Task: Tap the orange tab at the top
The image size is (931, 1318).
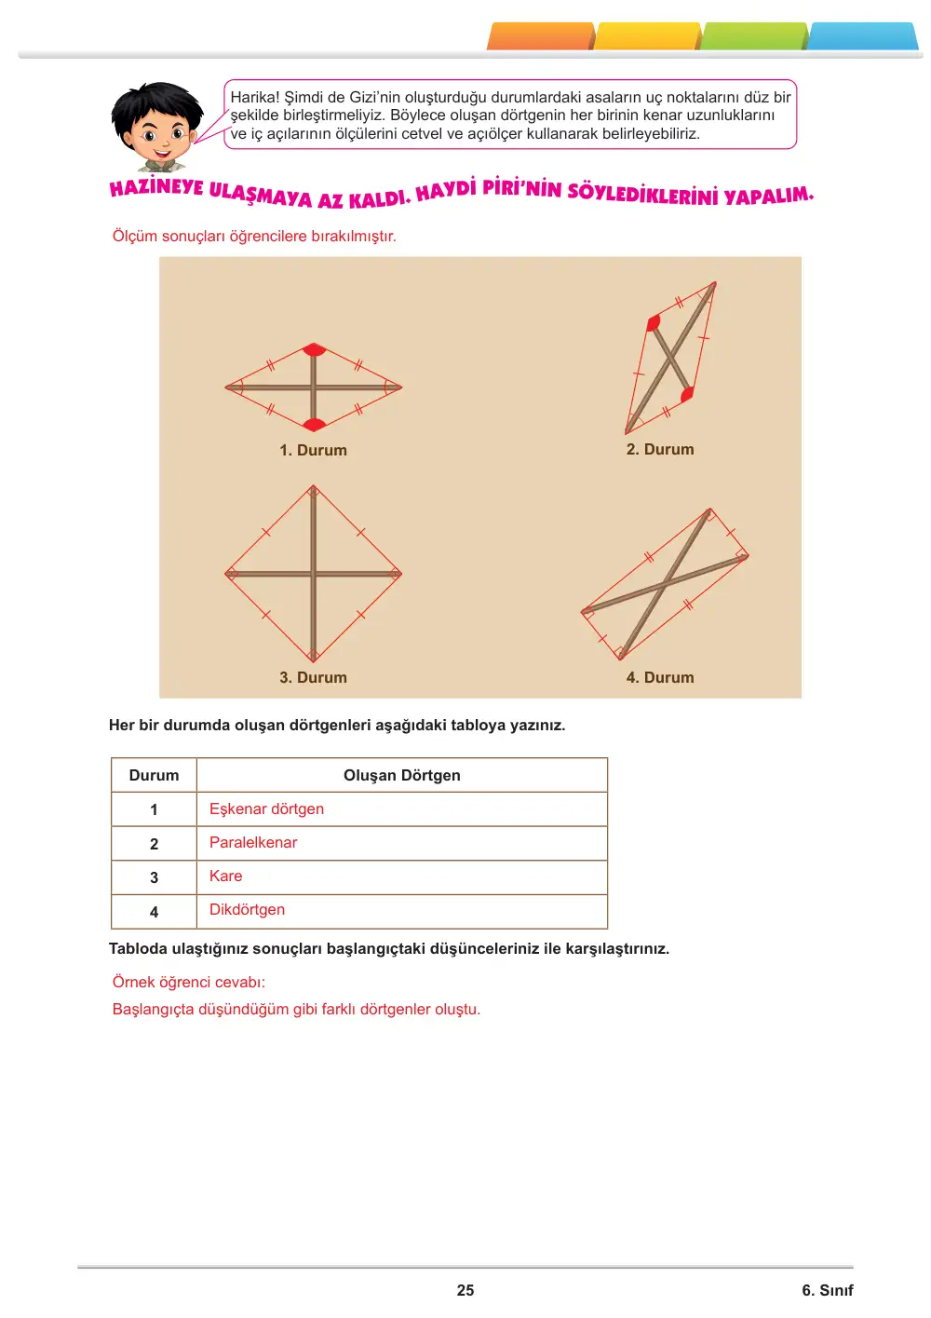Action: pos(540,36)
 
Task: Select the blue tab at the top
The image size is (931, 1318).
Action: pos(862,36)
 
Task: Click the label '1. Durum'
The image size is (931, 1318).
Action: pos(313,450)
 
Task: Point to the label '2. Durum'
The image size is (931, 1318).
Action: pos(660,449)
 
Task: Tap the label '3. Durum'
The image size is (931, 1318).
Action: pos(313,677)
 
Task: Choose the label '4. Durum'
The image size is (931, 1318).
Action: pos(660,677)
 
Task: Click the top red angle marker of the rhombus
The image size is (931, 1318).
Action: pos(314,349)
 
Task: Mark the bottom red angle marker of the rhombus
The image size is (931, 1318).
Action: pos(314,424)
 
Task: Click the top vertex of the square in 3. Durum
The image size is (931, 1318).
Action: pos(314,486)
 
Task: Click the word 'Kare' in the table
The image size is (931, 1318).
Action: pos(225,876)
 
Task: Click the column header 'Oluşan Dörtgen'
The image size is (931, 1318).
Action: pos(401,776)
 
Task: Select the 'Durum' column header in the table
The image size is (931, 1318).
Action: pos(154,776)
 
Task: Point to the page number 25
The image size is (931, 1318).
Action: pos(465,1290)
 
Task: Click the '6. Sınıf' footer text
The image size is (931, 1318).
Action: pos(827,1290)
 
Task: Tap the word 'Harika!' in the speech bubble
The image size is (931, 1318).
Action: pos(255,97)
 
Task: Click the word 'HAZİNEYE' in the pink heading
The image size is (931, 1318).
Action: pos(156,188)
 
